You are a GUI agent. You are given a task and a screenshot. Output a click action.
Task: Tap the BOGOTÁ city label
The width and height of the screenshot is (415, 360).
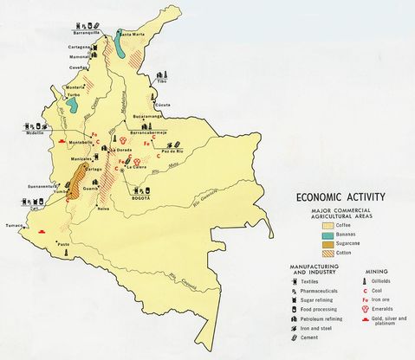(x=139, y=198)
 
